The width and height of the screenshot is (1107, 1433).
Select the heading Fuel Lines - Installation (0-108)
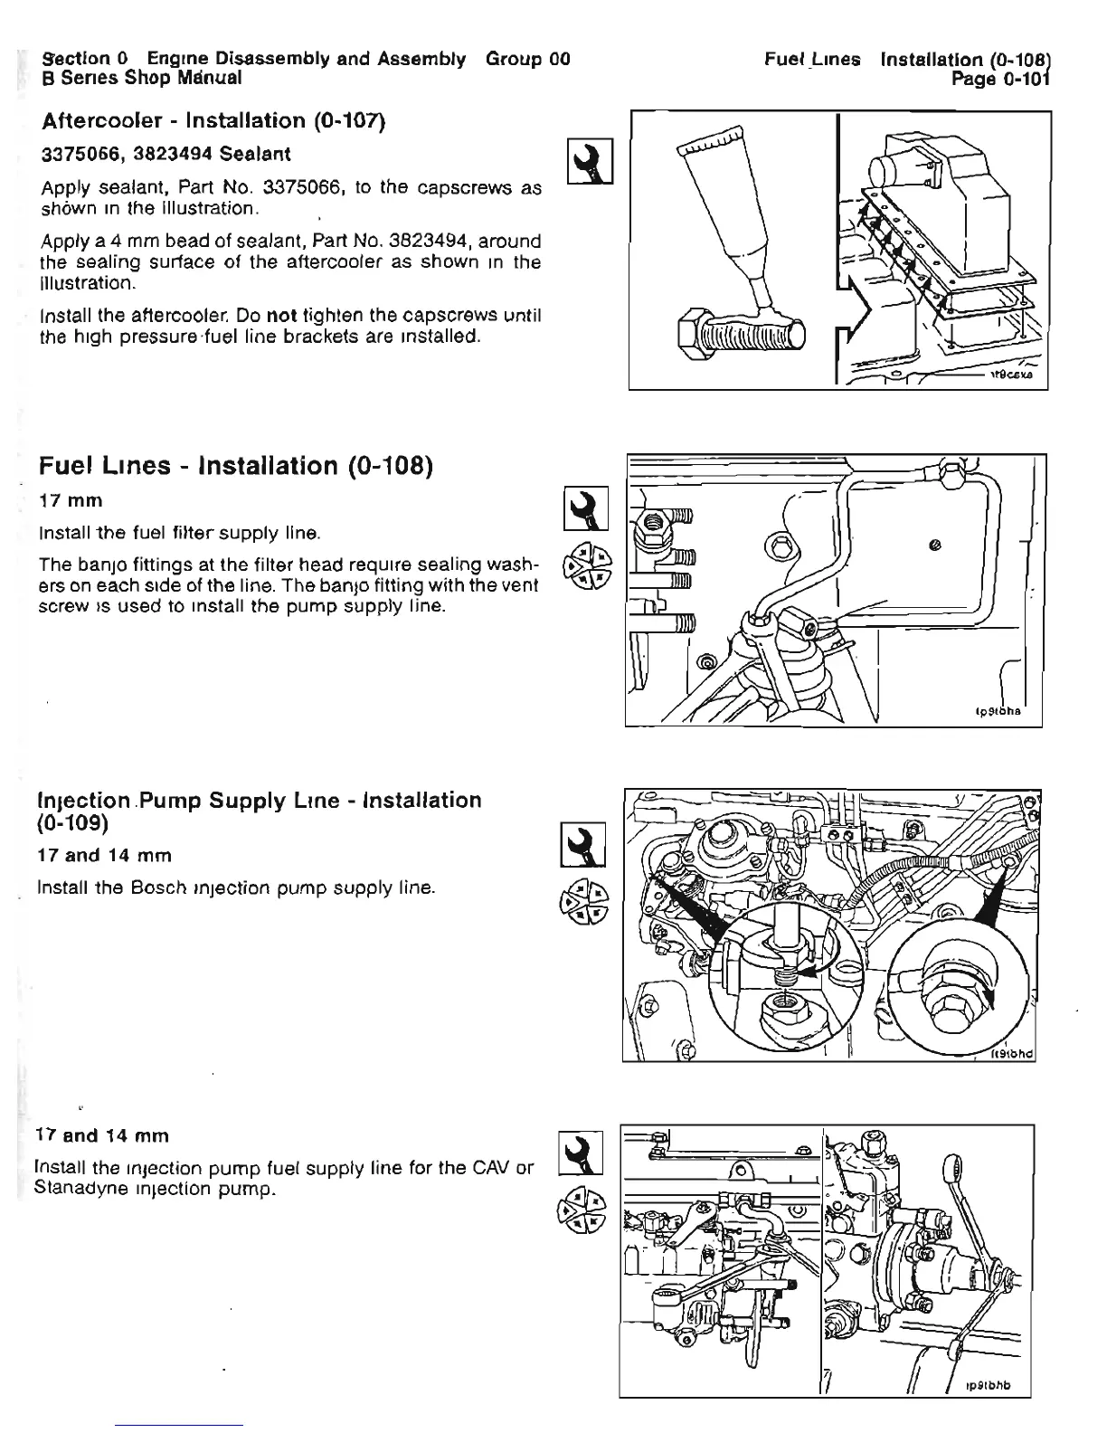[236, 466]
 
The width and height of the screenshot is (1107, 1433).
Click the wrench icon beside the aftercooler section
[590, 162]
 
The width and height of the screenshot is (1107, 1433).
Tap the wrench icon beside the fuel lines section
[585, 508]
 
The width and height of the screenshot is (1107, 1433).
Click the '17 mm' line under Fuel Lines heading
[71, 500]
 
